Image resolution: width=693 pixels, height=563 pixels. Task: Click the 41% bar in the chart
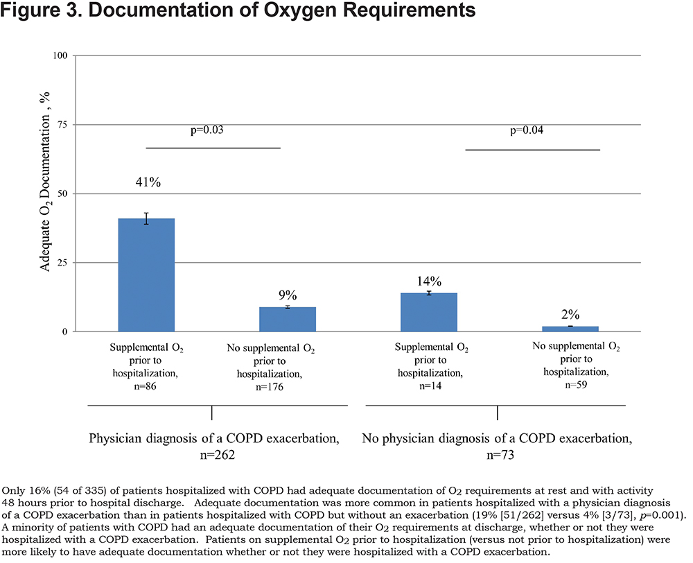tap(146, 275)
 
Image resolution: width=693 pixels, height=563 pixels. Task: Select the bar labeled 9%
tap(288, 320)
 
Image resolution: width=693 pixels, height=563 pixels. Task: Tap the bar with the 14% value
tap(429, 312)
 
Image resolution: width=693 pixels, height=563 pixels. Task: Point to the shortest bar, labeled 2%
tap(570, 329)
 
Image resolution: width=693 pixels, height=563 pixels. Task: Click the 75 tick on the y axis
tap(62, 125)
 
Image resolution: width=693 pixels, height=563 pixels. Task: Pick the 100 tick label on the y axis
tap(60, 55)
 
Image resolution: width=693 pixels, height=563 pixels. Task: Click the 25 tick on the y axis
tap(62, 263)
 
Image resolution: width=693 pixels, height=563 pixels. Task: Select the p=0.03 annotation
tap(207, 130)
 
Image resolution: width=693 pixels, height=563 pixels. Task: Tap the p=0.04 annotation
tap(527, 130)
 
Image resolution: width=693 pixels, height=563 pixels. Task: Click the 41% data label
tap(148, 182)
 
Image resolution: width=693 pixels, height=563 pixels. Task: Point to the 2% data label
tap(570, 315)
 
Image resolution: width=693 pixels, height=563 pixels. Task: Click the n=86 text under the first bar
tap(145, 386)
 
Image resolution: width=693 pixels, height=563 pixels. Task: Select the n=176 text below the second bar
tap(269, 387)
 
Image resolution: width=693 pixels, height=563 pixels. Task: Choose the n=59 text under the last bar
tap(576, 385)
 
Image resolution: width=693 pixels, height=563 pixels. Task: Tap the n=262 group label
tap(218, 455)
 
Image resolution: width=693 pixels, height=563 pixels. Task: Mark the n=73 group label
tap(500, 455)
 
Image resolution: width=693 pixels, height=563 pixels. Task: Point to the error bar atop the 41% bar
tap(146, 218)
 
